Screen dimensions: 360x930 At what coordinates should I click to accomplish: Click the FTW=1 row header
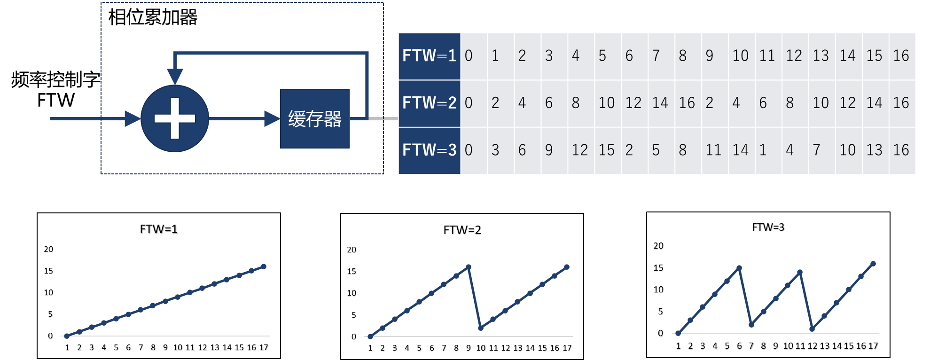click(429, 56)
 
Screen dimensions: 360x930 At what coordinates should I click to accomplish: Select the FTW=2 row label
click(429, 103)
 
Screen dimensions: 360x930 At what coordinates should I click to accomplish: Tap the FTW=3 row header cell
click(429, 150)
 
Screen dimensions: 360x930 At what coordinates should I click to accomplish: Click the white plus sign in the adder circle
click(175, 118)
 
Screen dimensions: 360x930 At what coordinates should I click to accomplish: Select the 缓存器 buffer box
click(315, 119)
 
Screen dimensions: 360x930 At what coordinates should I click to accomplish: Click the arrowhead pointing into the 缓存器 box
click(272, 118)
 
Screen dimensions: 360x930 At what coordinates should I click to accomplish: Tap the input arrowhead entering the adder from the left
click(133, 118)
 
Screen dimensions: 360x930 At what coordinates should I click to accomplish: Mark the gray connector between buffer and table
click(383, 118)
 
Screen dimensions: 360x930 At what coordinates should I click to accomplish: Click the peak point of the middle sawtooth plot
click(468, 267)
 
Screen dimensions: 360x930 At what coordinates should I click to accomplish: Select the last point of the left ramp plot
click(264, 266)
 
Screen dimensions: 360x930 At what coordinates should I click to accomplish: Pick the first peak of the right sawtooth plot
click(739, 268)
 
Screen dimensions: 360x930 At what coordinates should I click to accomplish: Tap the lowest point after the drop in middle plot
click(480, 328)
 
